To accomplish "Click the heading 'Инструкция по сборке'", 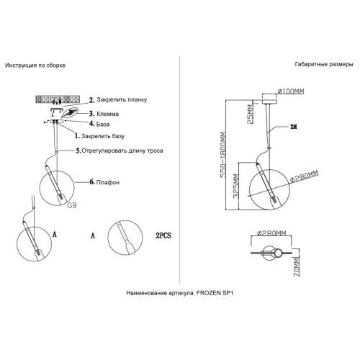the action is click(35, 66).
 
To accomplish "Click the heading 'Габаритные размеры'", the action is click(324, 64).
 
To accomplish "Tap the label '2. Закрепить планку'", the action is click(118, 100).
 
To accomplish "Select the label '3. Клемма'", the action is click(104, 114).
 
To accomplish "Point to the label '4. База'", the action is click(99, 124).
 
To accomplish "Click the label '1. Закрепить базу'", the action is click(99, 136).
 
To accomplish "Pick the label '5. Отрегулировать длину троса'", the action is click(120, 150).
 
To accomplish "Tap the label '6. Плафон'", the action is click(104, 182).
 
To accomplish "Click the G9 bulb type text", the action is click(72, 205).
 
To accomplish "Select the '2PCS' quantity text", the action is click(163, 235).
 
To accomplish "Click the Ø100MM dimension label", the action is click(291, 91).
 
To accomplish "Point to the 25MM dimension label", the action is click(251, 114).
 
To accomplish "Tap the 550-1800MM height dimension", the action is click(223, 155).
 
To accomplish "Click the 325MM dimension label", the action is click(236, 186).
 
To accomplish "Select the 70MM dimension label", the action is click(297, 268).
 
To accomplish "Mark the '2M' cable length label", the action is click(294, 127).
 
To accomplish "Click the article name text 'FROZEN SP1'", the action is click(215, 293).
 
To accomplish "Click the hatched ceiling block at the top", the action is click(58, 99).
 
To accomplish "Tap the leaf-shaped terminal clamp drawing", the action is click(70, 113).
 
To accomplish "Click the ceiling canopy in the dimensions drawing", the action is click(270, 99).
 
